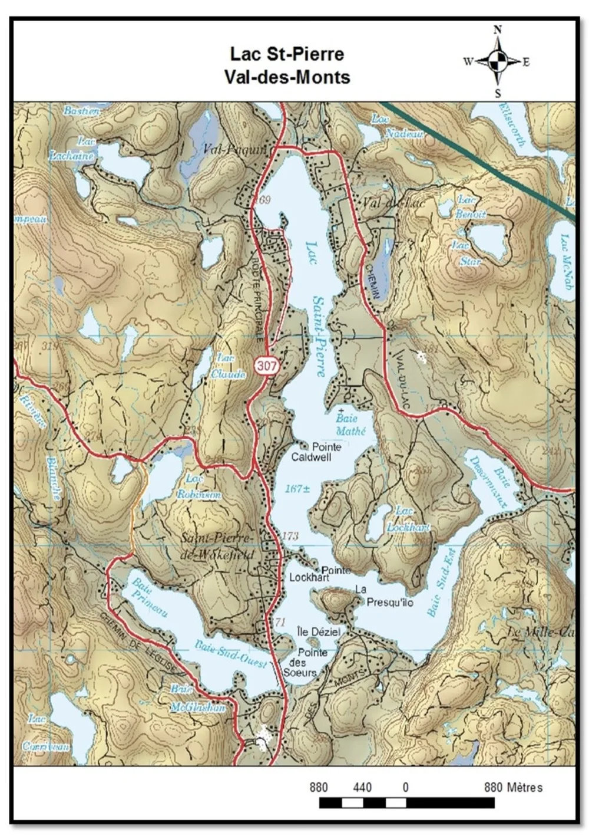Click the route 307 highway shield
click(x=266, y=366)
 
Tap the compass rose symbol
click(x=498, y=61)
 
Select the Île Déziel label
click(x=319, y=631)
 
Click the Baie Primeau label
click(x=148, y=597)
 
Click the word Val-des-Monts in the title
click(x=287, y=77)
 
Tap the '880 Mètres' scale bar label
click(x=513, y=787)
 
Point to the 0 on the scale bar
click(x=405, y=787)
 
